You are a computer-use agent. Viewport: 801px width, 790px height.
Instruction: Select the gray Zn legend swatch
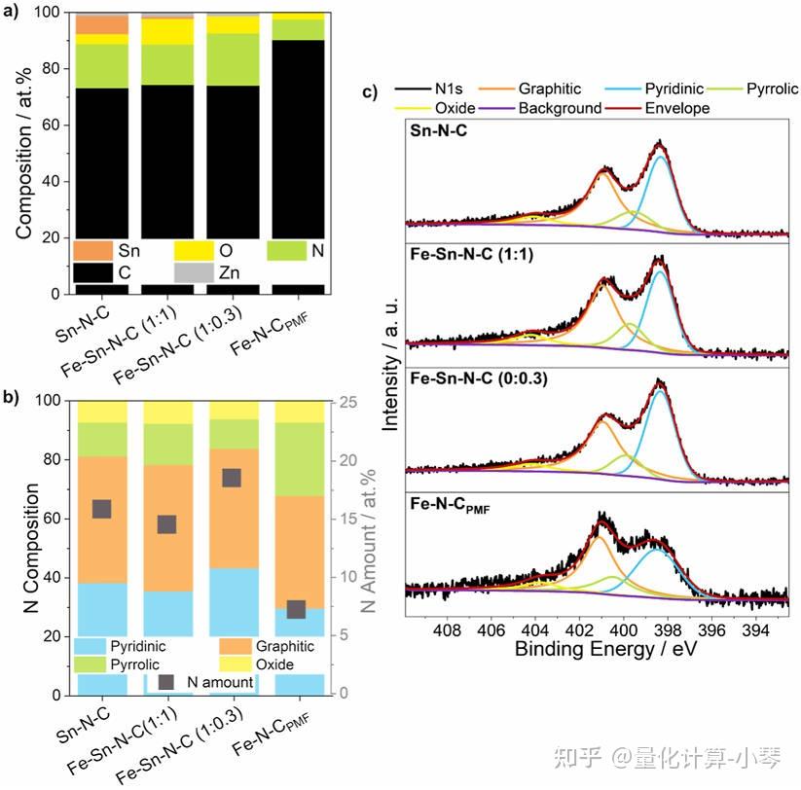194,274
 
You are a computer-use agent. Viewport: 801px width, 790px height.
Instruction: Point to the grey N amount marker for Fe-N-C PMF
297,609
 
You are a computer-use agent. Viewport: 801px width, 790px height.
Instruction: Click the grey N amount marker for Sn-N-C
101,509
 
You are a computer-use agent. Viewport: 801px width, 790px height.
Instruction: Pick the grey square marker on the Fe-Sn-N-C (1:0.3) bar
232,477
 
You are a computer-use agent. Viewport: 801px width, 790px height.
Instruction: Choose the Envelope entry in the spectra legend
677,108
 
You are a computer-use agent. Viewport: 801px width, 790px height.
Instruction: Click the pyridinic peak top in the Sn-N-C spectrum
661,157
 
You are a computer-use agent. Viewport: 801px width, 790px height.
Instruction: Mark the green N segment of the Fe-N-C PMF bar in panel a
297,29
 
